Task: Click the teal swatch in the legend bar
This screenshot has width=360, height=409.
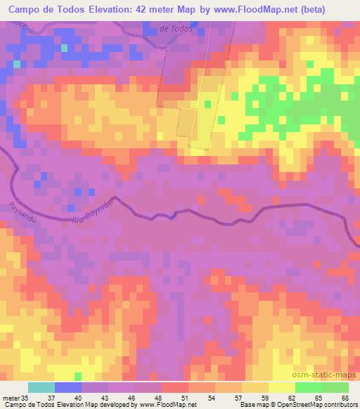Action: point(41,387)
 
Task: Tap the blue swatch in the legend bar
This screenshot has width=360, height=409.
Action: point(68,387)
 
